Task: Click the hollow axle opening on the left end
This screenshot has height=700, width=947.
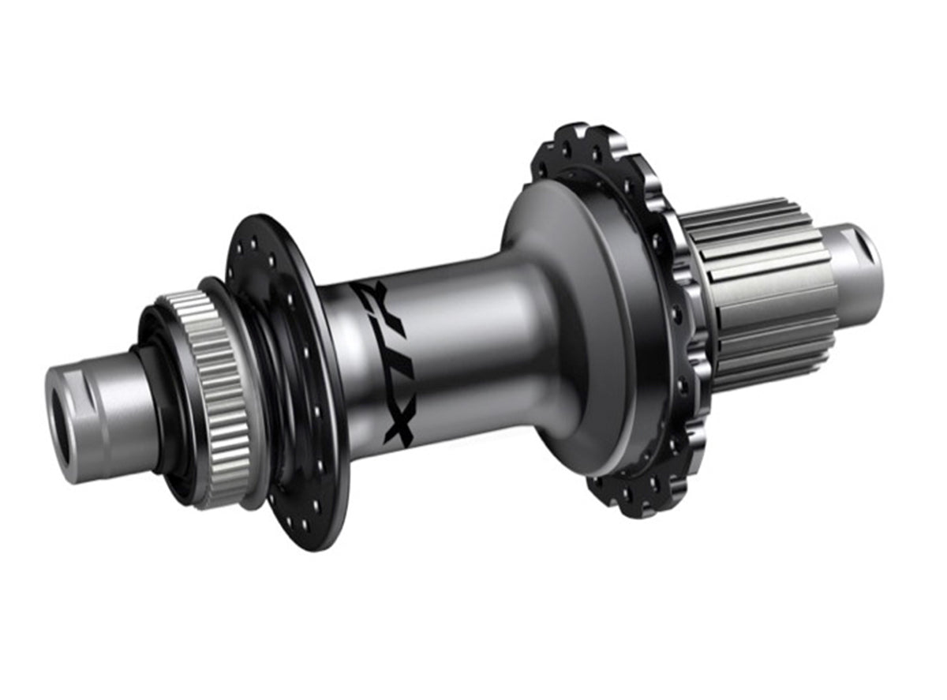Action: pyautogui.click(x=60, y=426)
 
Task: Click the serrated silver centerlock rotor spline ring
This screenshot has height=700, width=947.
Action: pyautogui.click(x=202, y=395)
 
